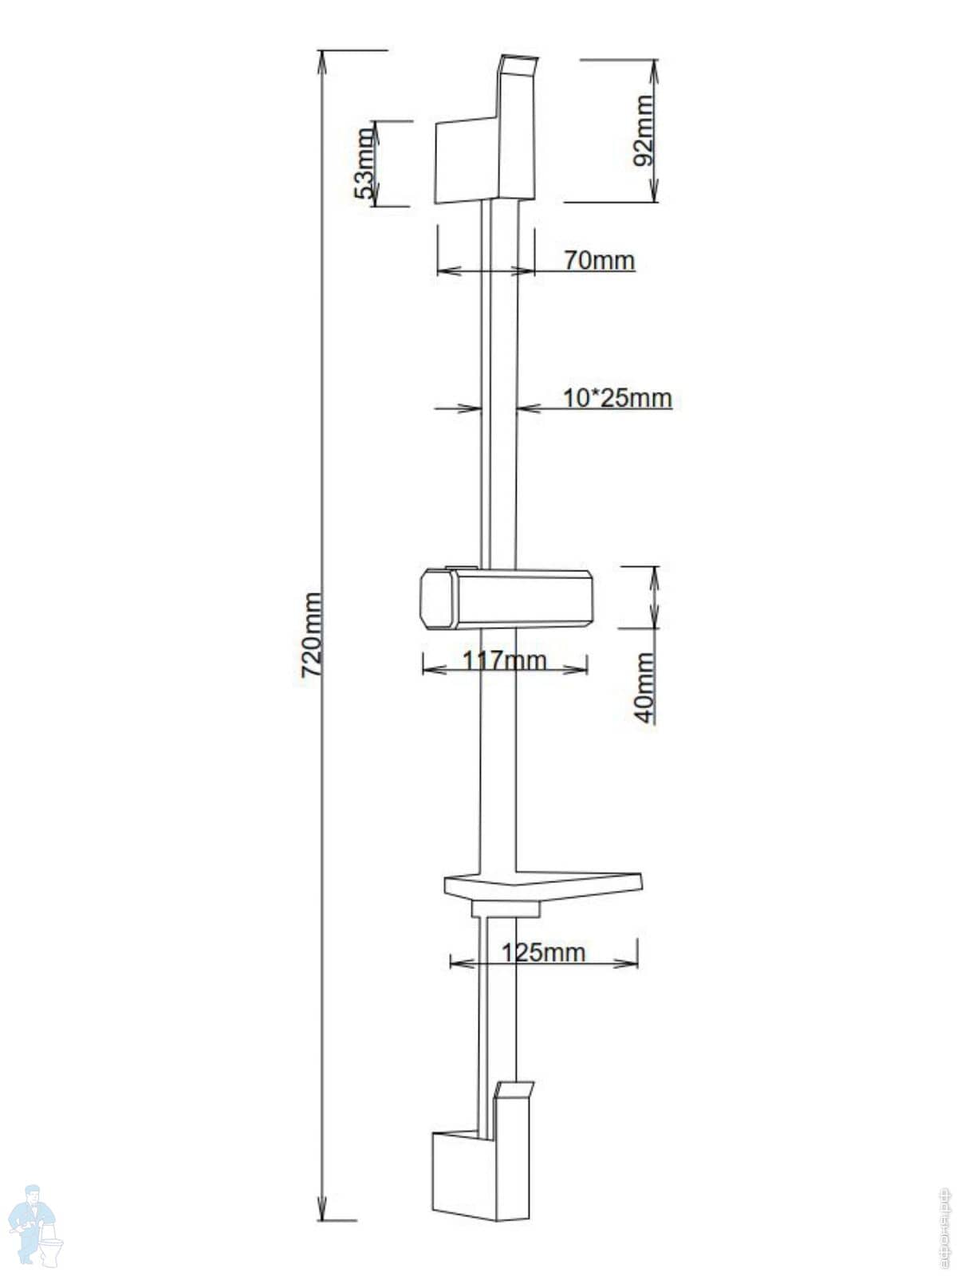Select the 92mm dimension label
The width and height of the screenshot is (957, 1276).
643,130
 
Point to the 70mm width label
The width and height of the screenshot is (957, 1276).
599,260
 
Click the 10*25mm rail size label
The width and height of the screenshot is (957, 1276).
617,397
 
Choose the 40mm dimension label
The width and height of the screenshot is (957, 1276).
644,687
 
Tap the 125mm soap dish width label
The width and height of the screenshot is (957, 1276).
543,952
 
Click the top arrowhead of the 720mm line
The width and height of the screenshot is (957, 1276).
322,57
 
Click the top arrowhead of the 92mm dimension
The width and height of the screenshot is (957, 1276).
655,67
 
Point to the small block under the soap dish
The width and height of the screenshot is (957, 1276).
506,909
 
